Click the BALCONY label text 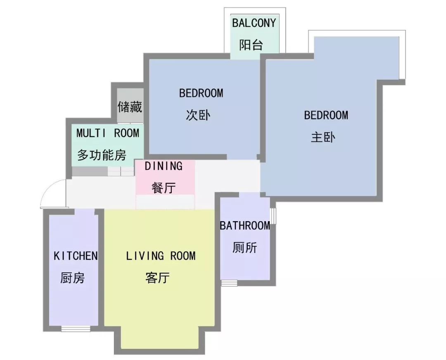[x=254, y=23]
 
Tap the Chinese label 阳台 [x=251, y=45]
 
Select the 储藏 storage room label [x=130, y=107]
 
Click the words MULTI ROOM [x=108, y=133]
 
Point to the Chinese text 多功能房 [x=102, y=155]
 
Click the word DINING [x=164, y=166]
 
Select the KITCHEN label [x=76, y=256]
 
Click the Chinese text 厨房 [x=72, y=278]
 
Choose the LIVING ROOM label [x=161, y=256]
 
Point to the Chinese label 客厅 [x=157, y=278]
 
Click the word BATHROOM [x=245, y=226]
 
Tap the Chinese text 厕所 [x=244, y=248]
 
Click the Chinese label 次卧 [x=198, y=115]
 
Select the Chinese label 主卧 [x=323, y=137]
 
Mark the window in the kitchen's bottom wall [x=73, y=329]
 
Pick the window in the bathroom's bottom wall [x=229, y=283]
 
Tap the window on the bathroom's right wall [x=273, y=216]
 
